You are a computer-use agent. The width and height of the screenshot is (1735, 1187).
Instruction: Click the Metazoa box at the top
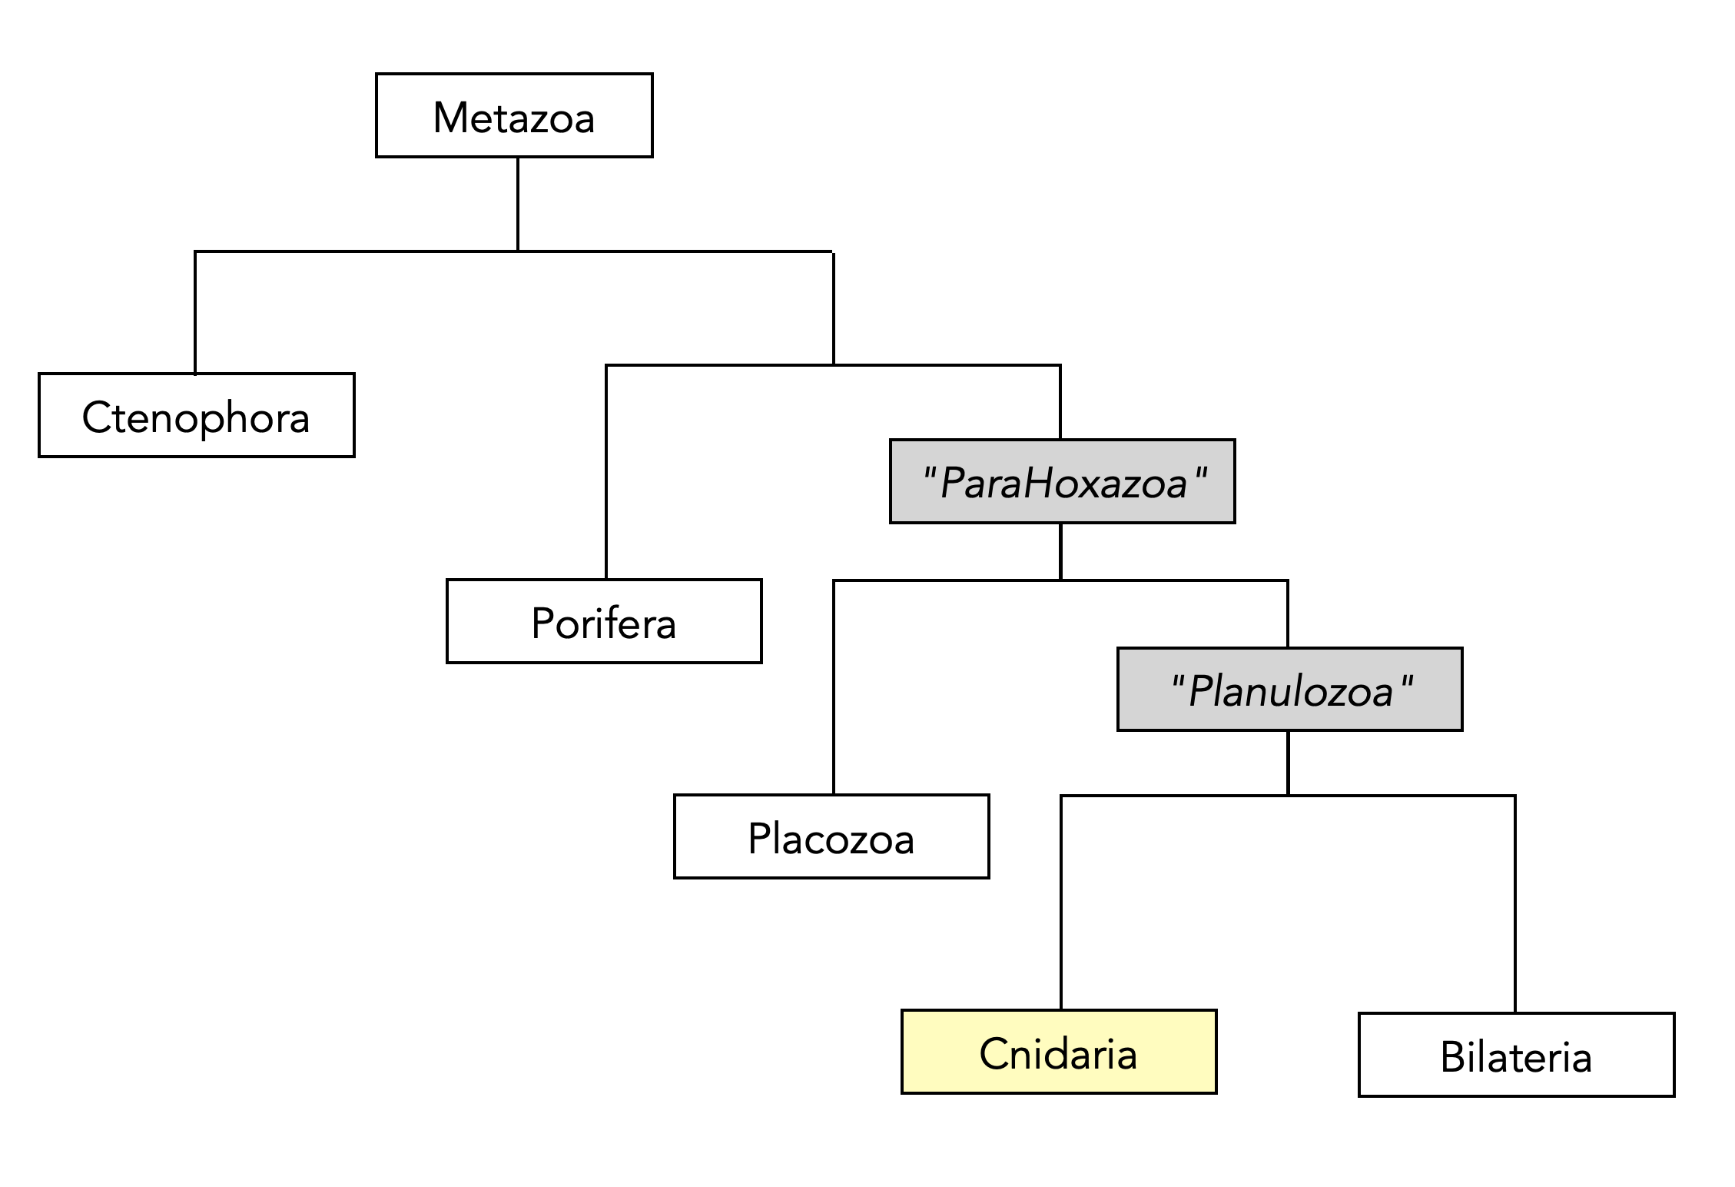(514, 116)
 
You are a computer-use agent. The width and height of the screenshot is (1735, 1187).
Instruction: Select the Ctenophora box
(197, 416)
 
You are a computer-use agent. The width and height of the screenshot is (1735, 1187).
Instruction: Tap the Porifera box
(604, 621)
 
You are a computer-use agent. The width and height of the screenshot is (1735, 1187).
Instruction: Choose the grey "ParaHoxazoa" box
(1063, 482)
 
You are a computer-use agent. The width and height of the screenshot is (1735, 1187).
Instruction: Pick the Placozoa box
(831, 836)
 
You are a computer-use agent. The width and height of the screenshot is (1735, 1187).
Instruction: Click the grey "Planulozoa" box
(1289, 690)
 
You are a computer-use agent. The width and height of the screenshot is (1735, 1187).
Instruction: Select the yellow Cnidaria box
(1059, 1052)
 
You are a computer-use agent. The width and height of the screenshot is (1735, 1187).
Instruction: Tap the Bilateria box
(1516, 1055)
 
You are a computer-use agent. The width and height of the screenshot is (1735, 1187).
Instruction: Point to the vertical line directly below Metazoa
(518, 204)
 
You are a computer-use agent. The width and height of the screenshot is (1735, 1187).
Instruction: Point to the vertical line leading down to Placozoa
(834, 687)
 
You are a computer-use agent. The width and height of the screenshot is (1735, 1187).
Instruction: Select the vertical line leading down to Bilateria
(1514, 904)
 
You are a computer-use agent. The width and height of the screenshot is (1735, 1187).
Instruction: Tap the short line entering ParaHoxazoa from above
(1060, 402)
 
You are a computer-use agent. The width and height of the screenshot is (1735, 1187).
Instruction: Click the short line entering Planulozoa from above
(1288, 613)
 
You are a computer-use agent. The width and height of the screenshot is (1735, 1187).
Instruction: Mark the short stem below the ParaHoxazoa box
(1060, 551)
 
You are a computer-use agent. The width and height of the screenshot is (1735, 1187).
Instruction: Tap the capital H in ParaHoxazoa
(1040, 484)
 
